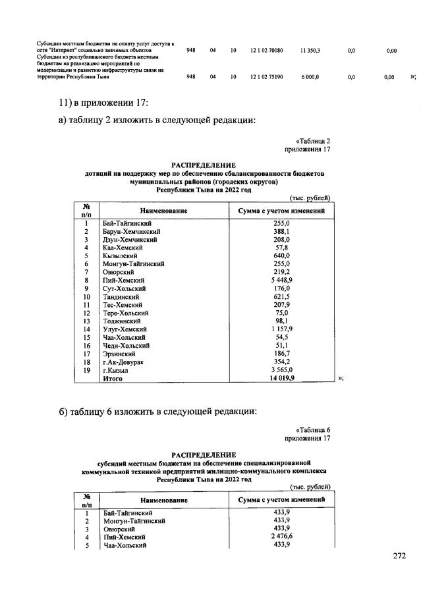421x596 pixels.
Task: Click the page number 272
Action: click(399, 556)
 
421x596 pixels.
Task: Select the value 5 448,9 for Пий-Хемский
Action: click(282, 279)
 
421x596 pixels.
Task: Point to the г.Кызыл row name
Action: click(116, 371)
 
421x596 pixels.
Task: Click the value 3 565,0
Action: click(282, 371)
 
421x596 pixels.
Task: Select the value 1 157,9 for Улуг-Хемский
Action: click(282, 329)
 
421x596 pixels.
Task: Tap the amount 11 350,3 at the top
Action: click(309, 50)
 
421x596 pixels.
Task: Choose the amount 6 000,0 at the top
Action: click(309, 77)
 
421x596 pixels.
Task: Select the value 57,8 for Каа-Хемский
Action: click(282, 246)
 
